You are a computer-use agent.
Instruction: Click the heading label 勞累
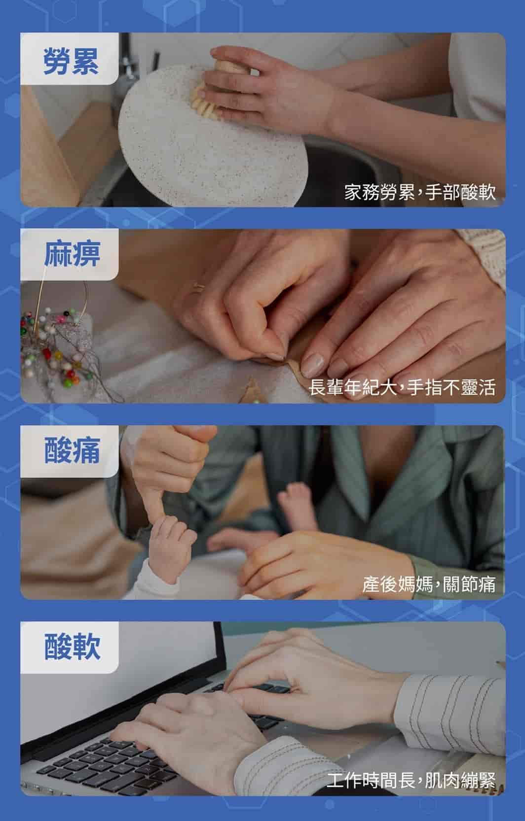point(71,61)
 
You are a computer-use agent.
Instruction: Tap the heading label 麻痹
point(72,254)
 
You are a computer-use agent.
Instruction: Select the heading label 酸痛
point(72,450)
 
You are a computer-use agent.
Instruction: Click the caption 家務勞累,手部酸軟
point(420,192)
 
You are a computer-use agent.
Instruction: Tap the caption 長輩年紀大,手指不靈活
point(402,387)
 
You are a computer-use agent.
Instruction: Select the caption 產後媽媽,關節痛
point(429,583)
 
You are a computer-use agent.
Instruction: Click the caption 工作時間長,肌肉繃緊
point(411,780)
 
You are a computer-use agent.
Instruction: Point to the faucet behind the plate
point(128,62)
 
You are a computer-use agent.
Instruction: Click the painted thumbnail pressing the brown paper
point(312,365)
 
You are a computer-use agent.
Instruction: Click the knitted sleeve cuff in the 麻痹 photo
point(484,257)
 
